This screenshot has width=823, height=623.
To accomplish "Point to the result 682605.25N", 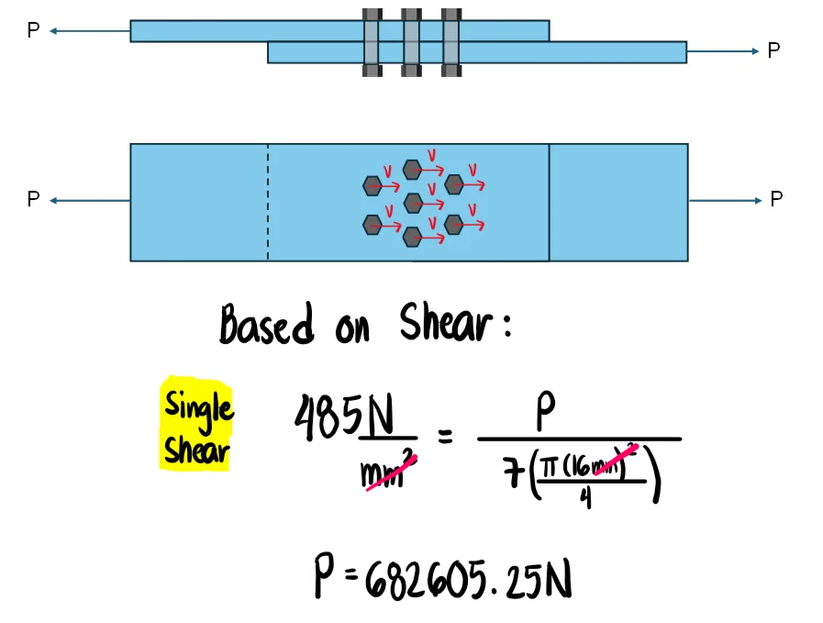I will click(468, 578).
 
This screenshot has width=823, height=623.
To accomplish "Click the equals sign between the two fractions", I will click(445, 438).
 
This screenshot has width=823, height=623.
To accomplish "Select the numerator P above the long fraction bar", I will click(546, 416).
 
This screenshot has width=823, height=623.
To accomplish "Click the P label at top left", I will click(33, 31).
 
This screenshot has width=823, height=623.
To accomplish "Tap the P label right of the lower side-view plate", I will click(773, 51).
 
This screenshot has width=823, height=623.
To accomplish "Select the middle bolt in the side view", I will click(411, 42).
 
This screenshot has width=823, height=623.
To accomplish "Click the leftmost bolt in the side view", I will click(372, 42).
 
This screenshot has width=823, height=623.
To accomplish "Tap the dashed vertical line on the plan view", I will click(268, 202).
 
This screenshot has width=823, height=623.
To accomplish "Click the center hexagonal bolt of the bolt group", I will click(413, 202).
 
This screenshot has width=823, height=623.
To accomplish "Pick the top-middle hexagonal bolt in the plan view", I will click(412, 169).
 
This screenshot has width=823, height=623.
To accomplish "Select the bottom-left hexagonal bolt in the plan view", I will click(372, 224).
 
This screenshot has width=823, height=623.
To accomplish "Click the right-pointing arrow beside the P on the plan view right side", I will click(726, 200).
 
